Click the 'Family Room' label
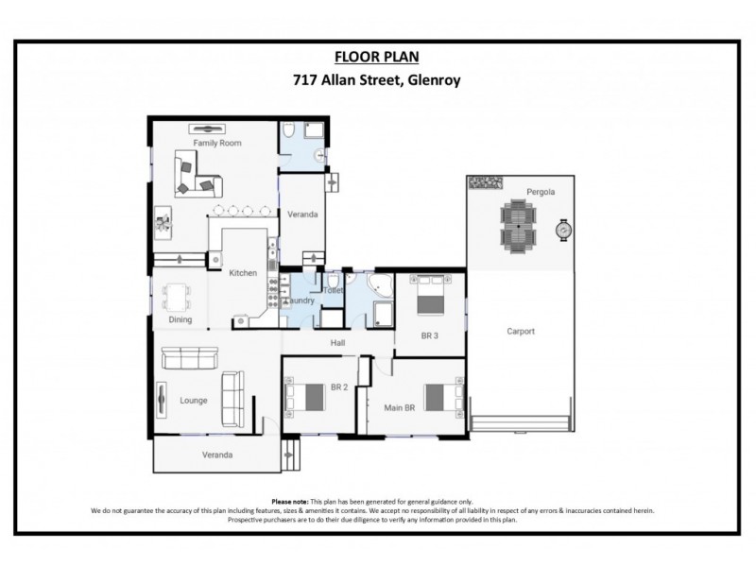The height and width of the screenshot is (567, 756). click(218, 144)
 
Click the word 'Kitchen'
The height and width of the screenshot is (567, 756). click(243, 273)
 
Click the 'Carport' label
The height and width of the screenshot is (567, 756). click(520, 332)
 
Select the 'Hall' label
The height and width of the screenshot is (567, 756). click(336, 344)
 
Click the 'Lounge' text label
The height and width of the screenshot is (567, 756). click(194, 401)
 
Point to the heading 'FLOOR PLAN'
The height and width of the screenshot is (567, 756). click(376, 57)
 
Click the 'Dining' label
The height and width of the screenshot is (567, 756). click(180, 319)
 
